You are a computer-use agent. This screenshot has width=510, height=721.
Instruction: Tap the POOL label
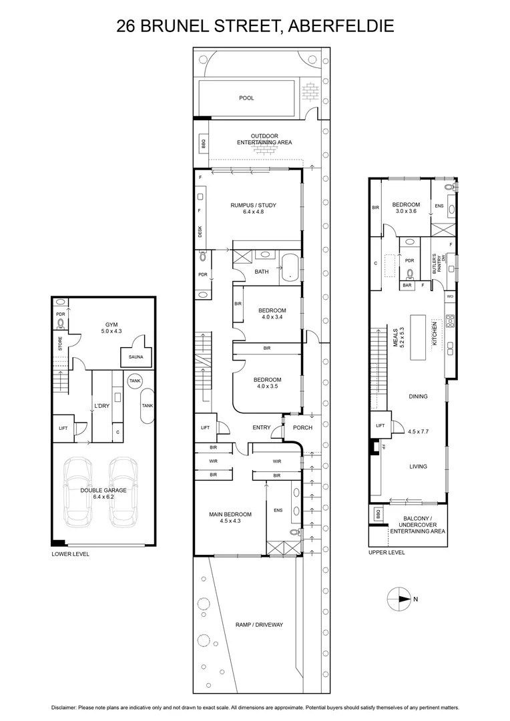(247, 98)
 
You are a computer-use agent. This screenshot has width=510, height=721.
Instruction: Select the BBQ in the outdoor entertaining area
(202, 143)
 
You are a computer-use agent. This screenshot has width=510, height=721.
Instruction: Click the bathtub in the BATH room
(291, 267)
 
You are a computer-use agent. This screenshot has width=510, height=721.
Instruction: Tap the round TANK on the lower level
(136, 381)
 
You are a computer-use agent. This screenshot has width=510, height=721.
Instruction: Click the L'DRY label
(101, 405)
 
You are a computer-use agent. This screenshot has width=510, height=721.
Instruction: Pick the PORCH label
(302, 428)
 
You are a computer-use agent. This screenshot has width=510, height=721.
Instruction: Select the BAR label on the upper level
(407, 286)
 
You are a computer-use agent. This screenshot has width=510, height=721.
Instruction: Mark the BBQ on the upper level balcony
(377, 514)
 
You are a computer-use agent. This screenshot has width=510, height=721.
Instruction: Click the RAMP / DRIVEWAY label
(260, 625)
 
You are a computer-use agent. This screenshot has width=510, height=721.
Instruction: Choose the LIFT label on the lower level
(63, 428)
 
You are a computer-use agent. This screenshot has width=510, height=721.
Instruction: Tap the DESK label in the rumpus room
(200, 232)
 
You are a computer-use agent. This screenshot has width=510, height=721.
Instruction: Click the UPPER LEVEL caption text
(387, 553)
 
